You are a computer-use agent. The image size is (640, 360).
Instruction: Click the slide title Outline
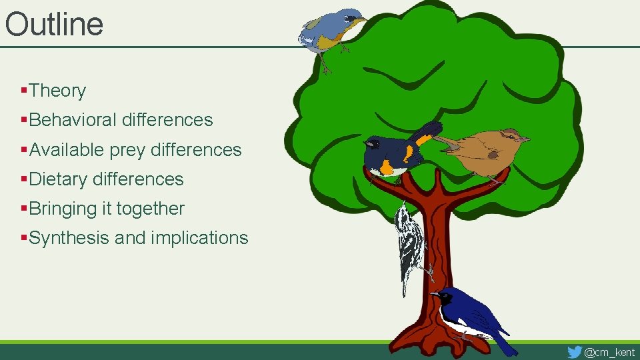click(54, 24)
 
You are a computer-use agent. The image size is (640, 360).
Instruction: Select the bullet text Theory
click(57, 91)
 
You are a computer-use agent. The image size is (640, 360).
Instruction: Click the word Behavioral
click(73, 120)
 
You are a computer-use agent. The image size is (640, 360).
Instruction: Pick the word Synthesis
click(69, 238)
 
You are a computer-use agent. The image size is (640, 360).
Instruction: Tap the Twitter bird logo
click(574, 351)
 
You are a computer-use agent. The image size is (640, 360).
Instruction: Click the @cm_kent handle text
click(609, 352)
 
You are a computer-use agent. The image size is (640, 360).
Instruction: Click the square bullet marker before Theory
click(24, 89)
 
